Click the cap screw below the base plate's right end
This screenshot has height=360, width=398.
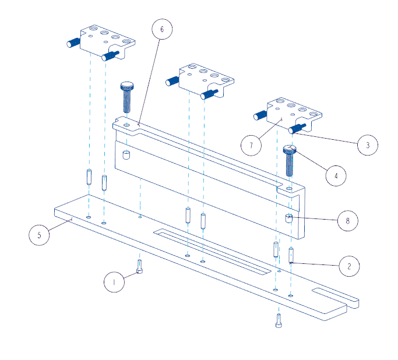[x=279, y=320]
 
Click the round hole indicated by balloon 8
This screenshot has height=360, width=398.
[x=288, y=218]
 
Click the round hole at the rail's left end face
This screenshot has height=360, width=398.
[x=126, y=154]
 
